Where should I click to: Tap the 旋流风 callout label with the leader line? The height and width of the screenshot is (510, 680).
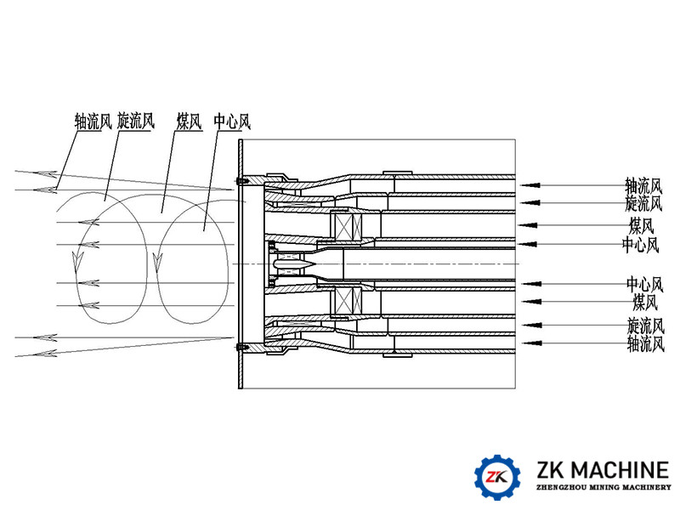pos(136,122)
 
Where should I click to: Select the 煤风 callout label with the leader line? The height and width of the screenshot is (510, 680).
pos(188,122)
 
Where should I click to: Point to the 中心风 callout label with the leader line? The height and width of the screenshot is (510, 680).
pos(232,122)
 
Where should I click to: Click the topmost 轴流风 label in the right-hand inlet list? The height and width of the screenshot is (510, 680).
pos(643,184)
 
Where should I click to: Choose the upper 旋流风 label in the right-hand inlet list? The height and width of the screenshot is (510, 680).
pos(643,203)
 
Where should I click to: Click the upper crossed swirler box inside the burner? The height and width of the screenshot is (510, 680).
pos(349,226)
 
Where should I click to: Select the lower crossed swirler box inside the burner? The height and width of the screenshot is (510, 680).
pos(349,302)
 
